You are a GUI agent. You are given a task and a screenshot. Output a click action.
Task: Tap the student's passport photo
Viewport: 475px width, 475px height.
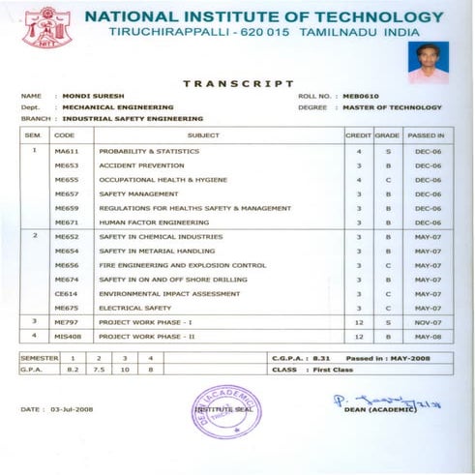click(x=427, y=61)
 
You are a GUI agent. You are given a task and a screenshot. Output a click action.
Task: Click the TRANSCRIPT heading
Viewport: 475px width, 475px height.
click(x=238, y=84)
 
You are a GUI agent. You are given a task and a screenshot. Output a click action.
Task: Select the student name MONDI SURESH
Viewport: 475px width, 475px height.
click(x=91, y=97)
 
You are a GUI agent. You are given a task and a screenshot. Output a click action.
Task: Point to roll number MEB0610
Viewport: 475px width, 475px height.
click(x=350, y=97)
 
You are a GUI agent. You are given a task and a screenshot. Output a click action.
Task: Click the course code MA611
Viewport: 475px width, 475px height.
click(x=66, y=152)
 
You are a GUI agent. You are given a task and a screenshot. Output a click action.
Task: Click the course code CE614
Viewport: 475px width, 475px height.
click(x=66, y=292)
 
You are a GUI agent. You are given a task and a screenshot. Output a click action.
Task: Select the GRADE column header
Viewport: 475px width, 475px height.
click(x=387, y=136)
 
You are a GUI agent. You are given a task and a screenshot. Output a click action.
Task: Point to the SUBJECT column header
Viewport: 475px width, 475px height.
click(x=202, y=136)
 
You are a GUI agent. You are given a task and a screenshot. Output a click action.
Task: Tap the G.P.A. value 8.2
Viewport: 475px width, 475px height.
click(x=72, y=369)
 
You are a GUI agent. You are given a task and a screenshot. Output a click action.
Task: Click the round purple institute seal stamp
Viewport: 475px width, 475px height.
click(x=226, y=410)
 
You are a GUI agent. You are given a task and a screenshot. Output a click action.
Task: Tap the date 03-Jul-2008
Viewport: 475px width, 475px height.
click(x=76, y=410)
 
